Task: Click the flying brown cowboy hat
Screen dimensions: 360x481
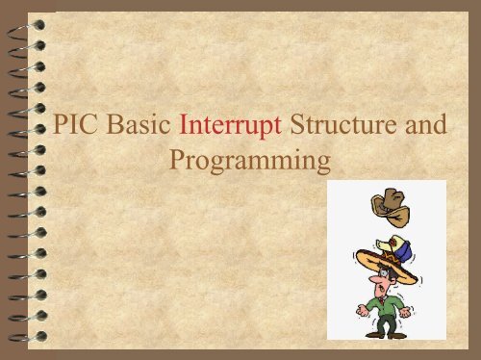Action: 390,203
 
